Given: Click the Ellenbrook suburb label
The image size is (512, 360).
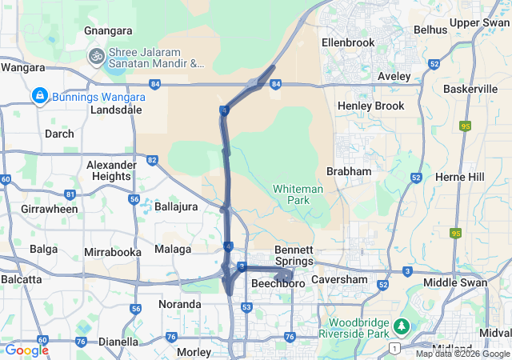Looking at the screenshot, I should coord(348,41).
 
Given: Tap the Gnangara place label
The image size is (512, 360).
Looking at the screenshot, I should coord(108,30).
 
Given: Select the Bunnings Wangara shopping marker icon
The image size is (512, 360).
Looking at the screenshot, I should coord(38,97).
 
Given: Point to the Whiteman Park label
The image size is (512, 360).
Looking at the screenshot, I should coord(298,194).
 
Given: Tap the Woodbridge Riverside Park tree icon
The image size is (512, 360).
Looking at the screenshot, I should coord(401,326).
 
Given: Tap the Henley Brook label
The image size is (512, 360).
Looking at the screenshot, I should coord(371,106).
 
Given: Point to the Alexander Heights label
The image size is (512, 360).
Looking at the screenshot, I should coord(109,170).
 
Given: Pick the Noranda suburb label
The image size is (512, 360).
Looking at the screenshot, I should coord(180,304).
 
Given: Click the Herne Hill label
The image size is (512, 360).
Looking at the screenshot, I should coord(460,176).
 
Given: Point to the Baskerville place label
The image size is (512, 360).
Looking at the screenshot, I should coord(470,89).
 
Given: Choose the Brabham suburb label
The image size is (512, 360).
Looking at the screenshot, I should coord(349,171).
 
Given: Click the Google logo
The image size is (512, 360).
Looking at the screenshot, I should coord(26,350).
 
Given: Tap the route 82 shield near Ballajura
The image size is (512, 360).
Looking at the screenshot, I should coord(152,160).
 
